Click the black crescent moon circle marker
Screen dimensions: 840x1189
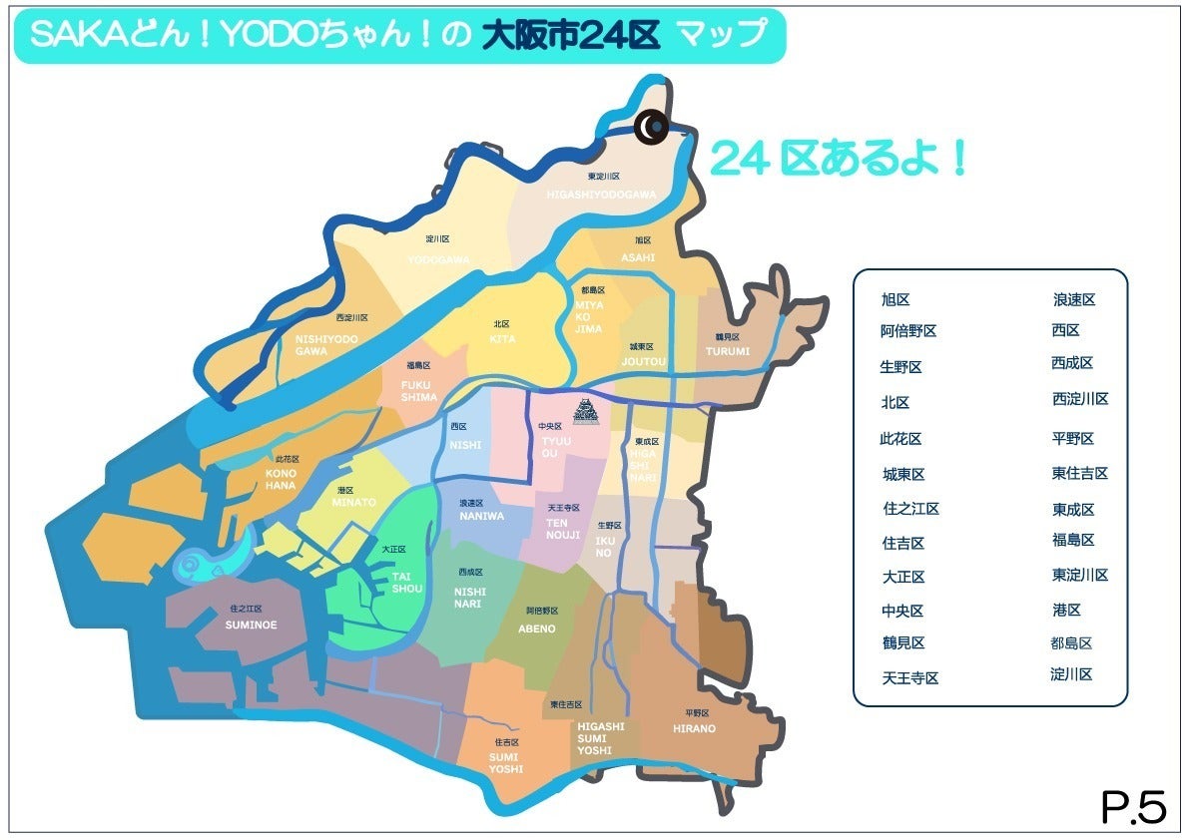(652, 126)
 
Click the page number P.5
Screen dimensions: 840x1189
(1133, 807)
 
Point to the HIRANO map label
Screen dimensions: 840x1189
(694, 729)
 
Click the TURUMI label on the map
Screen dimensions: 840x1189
(727, 351)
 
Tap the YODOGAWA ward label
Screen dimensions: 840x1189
(438, 259)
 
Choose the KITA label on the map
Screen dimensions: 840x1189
(502, 339)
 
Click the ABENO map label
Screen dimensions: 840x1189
(537, 629)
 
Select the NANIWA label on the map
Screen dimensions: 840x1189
(482, 516)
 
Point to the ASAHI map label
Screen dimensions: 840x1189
(638, 256)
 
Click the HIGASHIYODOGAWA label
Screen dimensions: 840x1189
(601, 194)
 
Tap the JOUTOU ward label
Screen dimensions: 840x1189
(643, 361)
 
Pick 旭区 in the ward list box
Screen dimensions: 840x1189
(895, 299)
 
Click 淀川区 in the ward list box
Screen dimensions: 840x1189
(1071, 674)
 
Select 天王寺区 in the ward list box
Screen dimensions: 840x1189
(909, 678)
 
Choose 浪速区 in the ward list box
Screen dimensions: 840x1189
(1074, 299)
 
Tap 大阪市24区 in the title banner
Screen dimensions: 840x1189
(571, 36)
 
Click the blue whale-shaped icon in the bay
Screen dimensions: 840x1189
(210, 561)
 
